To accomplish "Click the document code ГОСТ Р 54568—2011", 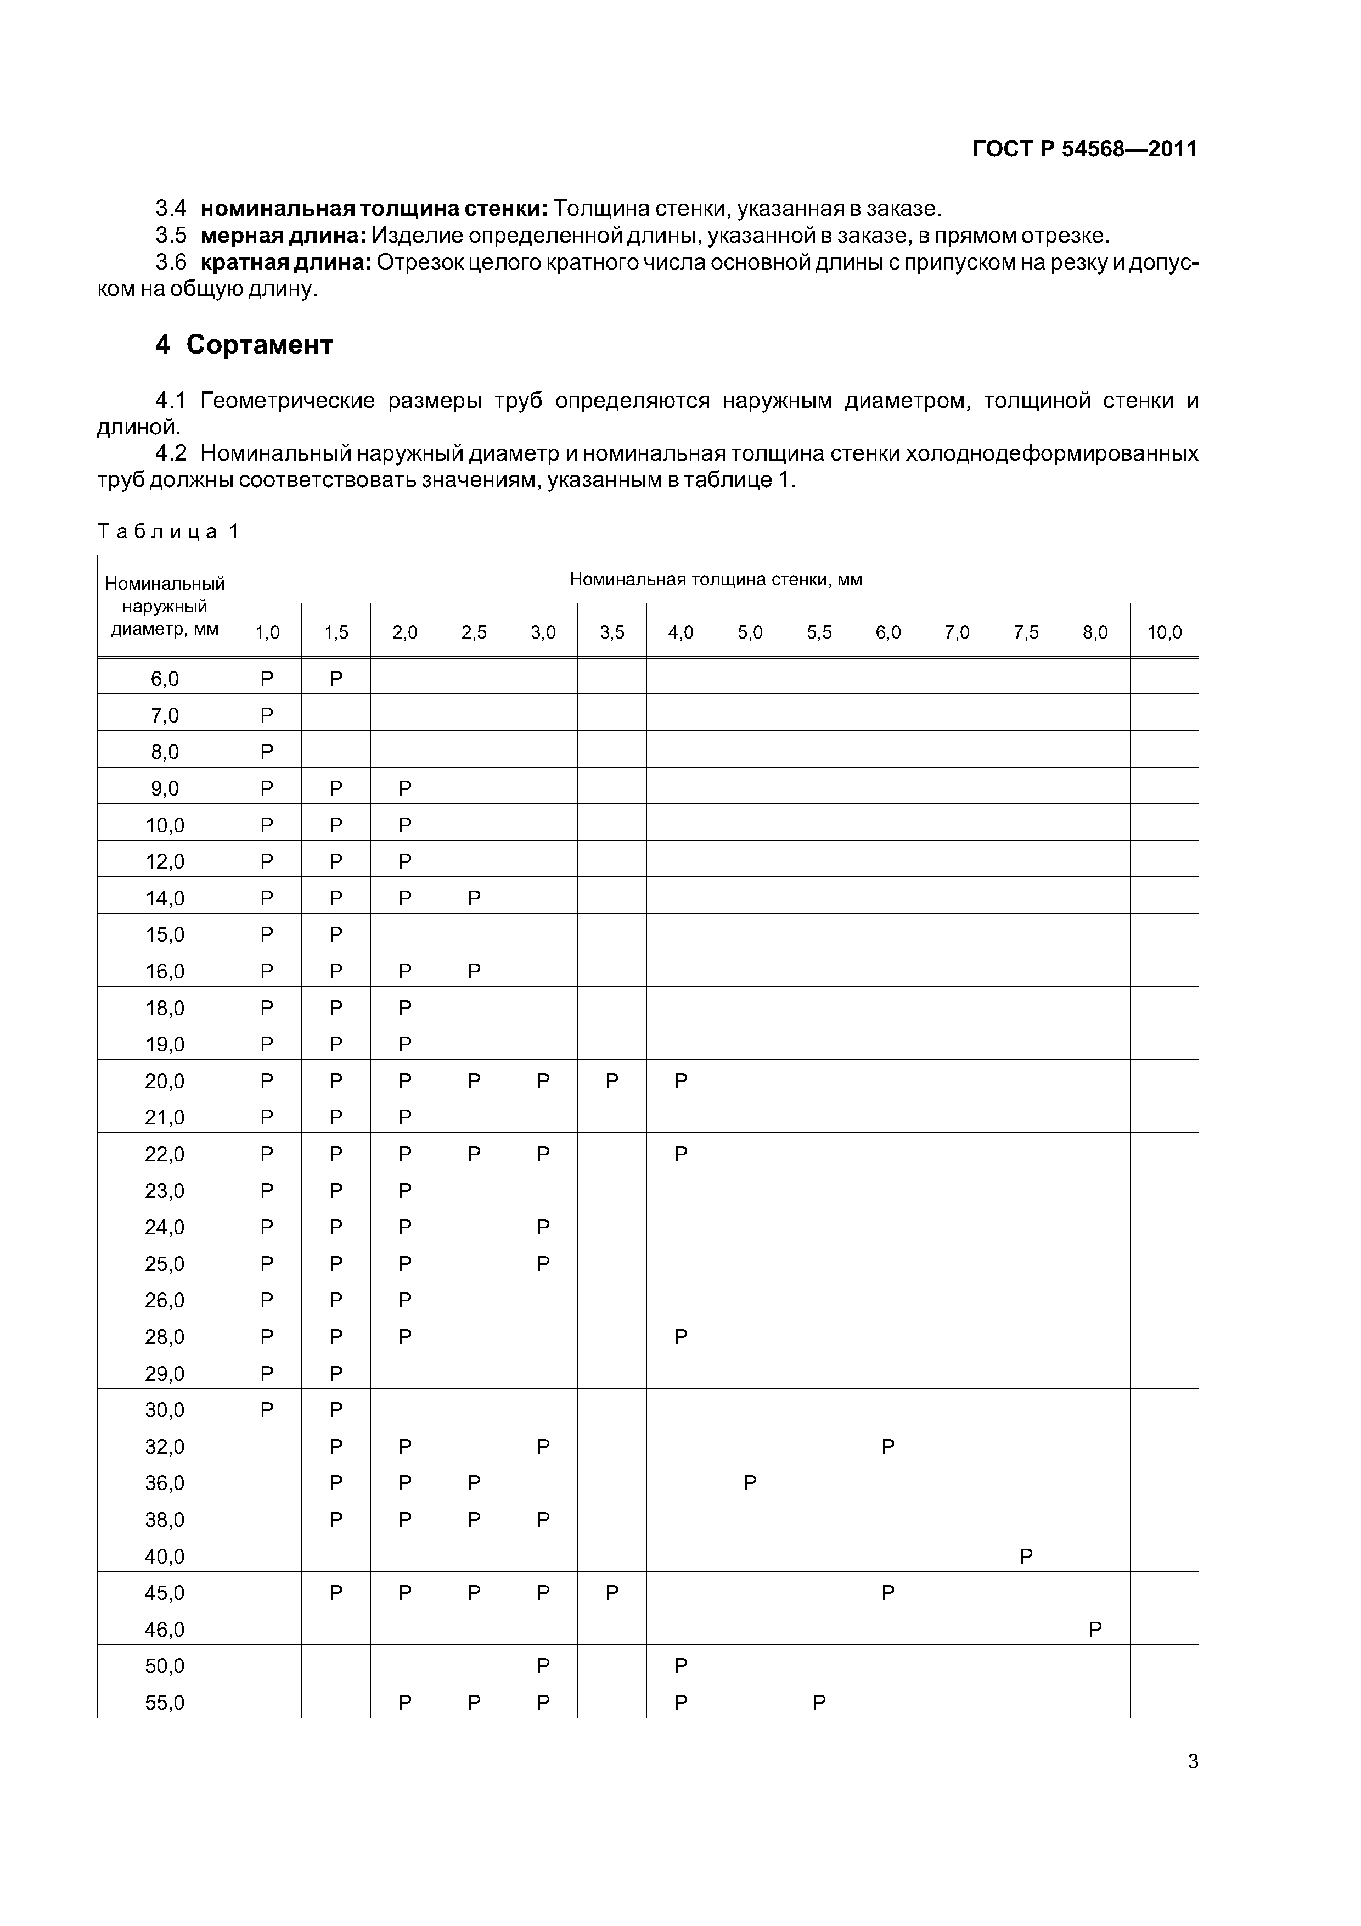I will (1084, 149).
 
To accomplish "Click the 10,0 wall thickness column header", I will (1164, 632).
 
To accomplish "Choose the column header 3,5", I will (611, 632).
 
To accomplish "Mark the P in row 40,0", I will (1026, 1557).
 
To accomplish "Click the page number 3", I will (1193, 1762).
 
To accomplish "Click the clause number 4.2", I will (171, 454).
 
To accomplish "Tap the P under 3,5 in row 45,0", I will (611, 1592).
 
